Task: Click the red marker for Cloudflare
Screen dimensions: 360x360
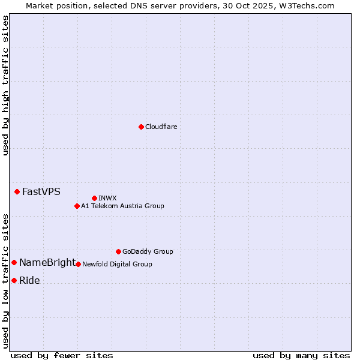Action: (141, 127)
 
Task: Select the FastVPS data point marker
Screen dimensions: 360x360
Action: (17, 192)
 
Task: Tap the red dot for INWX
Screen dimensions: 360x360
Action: (94, 198)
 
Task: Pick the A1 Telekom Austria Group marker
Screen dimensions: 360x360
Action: (77, 206)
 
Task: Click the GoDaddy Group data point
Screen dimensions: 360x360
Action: (118, 251)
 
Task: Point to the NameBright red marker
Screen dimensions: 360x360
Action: (14, 263)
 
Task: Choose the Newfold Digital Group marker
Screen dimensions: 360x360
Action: (78, 264)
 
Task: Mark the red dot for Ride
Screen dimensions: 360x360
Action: (14, 280)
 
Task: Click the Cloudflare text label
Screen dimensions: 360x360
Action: (161, 127)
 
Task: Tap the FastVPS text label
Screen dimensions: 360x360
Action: (41, 192)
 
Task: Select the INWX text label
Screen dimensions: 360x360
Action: (107, 198)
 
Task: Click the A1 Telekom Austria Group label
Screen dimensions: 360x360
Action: (122, 206)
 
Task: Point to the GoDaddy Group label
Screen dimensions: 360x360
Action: (148, 251)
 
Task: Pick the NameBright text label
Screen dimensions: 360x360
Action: (47, 263)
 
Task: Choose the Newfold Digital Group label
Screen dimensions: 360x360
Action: (117, 264)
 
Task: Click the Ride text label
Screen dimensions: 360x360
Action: (29, 280)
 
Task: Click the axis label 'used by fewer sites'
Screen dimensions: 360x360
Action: (62, 355)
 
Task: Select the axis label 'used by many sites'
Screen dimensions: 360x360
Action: (301, 355)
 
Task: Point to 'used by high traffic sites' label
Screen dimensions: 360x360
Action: (5, 85)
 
